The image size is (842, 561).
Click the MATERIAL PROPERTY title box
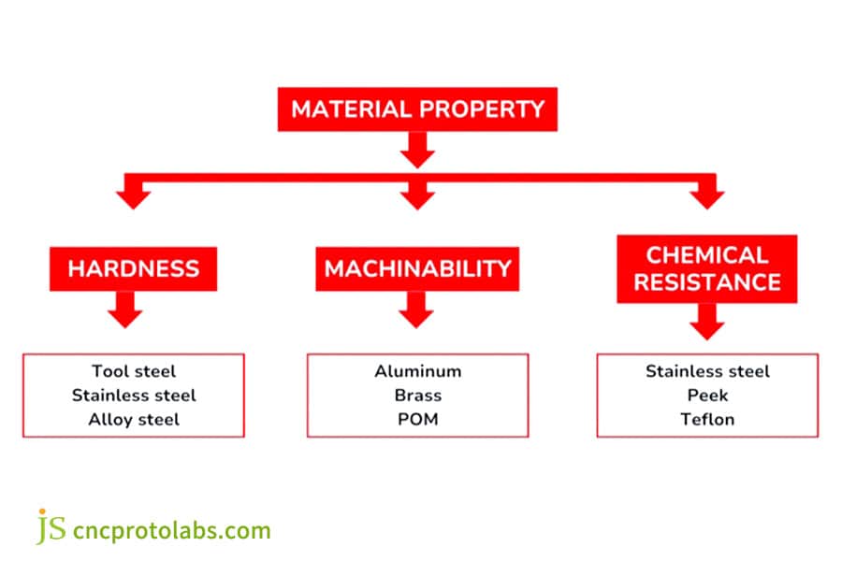[x=416, y=108]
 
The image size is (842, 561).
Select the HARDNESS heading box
[x=133, y=269]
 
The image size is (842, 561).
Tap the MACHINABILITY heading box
[x=417, y=269]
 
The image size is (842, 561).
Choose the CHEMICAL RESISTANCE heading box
[x=706, y=268]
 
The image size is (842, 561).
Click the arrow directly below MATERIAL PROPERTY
[x=417, y=149]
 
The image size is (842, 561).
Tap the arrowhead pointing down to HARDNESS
[x=134, y=196]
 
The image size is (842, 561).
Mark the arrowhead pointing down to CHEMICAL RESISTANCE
[x=707, y=196]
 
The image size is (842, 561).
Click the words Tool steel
[x=134, y=371]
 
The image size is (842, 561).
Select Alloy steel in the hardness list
[x=134, y=419]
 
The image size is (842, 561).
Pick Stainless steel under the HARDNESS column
[x=134, y=395]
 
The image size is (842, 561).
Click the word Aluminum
[x=417, y=371]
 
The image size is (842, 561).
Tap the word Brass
[x=417, y=395]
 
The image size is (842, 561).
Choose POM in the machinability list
[x=417, y=419]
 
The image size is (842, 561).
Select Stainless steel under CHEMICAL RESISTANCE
[x=707, y=371]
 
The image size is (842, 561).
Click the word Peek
[x=707, y=395]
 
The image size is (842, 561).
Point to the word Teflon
[x=707, y=419]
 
